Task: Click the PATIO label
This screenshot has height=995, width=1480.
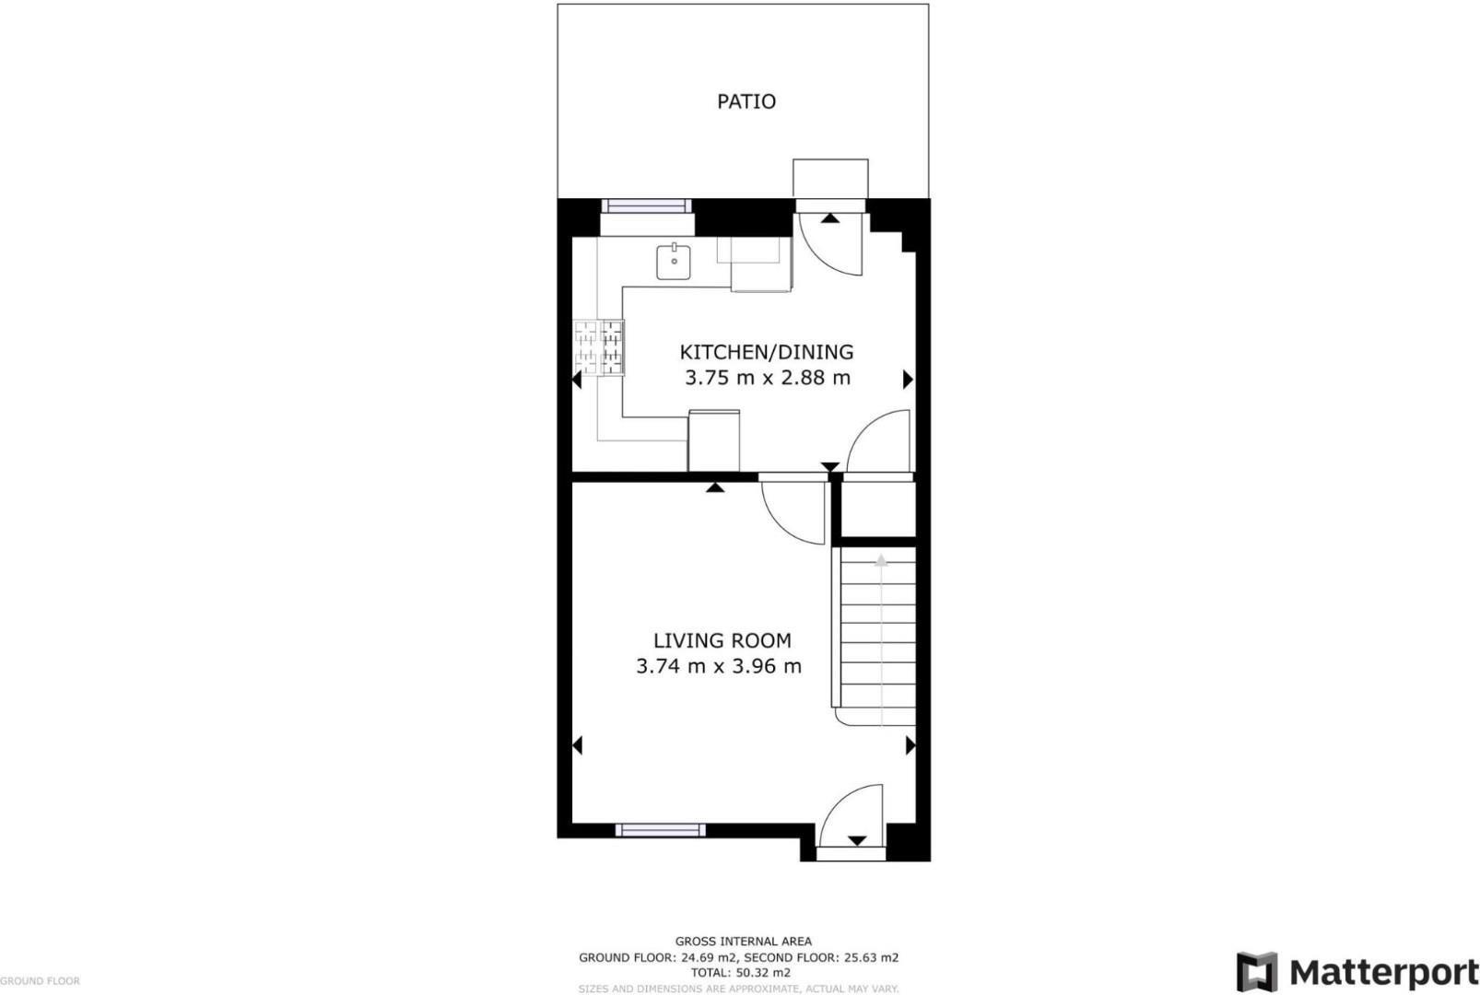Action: coord(746,101)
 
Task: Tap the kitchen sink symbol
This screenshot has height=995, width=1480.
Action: coord(674,262)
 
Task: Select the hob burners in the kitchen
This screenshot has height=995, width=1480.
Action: coord(599,347)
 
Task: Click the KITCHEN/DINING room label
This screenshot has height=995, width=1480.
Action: coord(767,352)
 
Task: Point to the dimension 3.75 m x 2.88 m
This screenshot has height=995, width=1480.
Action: coord(767,378)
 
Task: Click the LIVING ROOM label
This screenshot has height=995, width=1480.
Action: coord(722,641)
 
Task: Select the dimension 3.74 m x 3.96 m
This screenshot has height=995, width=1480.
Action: coord(719,666)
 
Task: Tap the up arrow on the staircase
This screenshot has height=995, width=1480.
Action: coord(881,560)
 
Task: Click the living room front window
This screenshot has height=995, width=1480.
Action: coord(660,830)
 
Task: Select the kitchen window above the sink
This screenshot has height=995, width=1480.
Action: coord(646,206)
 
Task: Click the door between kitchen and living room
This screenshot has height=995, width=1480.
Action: coord(794,511)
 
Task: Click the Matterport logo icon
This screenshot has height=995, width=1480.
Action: coord(1256,972)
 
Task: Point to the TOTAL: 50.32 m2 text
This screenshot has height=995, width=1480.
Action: coord(741,972)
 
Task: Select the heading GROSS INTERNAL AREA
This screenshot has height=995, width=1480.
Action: coord(743,942)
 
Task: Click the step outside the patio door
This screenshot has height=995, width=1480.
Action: coord(830,178)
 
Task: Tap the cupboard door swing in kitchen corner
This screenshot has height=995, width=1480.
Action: coord(880,443)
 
